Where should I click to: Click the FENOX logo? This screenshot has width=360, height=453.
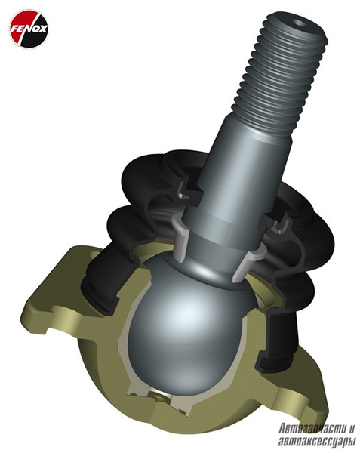[x=29, y=29]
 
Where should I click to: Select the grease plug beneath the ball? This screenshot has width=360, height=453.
[x=158, y=399]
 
